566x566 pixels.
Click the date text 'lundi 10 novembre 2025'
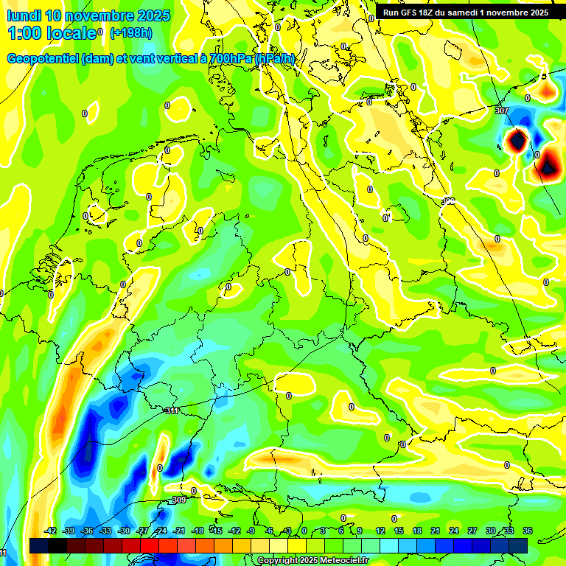(88, 15)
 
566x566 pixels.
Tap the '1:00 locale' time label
(52, 33)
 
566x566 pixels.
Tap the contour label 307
(503, 111)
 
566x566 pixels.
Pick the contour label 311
(172, 410)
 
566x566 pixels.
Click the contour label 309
(178, 500)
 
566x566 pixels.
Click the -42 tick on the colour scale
(50, 531)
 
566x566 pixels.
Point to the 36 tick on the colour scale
(528, 531)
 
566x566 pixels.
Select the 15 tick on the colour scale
(399, 531)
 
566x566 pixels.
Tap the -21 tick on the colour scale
(179, 531)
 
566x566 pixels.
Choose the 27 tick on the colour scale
(472, 531)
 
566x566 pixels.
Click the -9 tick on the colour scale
(251, 531)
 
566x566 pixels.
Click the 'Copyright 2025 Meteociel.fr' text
(313, 561)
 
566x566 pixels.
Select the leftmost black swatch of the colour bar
(38, 545)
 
